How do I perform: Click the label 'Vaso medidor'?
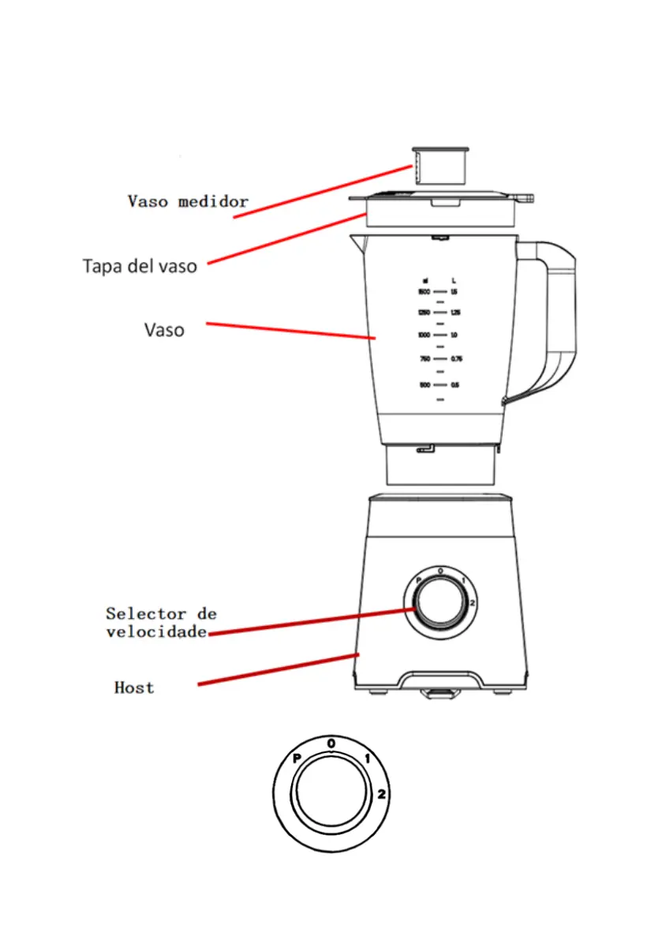[x=188, y=201]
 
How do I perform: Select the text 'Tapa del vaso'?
[x=140, y=266]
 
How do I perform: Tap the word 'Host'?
[x=134, y=687]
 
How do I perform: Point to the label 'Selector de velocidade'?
[x=160, y=622]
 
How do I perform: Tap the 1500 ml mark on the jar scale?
[x=425, y=292]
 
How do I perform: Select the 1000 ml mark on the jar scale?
[x=425, y=335]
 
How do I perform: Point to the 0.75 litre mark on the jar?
[x=456, y=359]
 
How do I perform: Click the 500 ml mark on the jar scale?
[x=425, y=385]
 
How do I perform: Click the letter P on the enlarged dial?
[x=297, y=758]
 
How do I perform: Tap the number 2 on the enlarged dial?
[x=381, y=794]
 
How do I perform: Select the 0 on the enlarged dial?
[x=331, y=743]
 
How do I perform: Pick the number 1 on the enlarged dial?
[x=368, y=759]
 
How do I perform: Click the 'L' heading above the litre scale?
[x=454, y=280]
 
